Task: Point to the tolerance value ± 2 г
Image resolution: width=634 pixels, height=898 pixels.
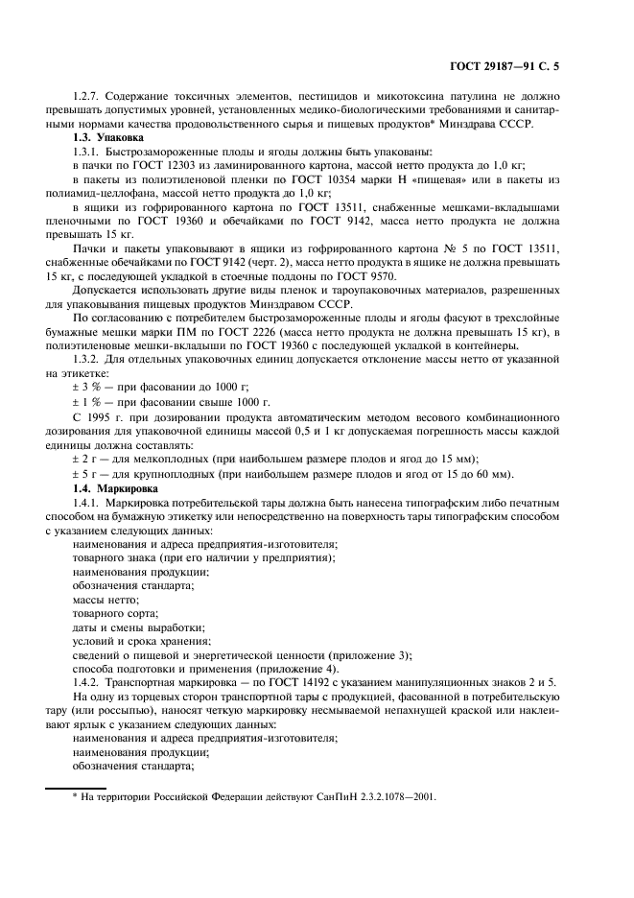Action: click(86, 461)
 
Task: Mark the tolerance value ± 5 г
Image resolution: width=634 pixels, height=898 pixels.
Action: click(86, 474)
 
